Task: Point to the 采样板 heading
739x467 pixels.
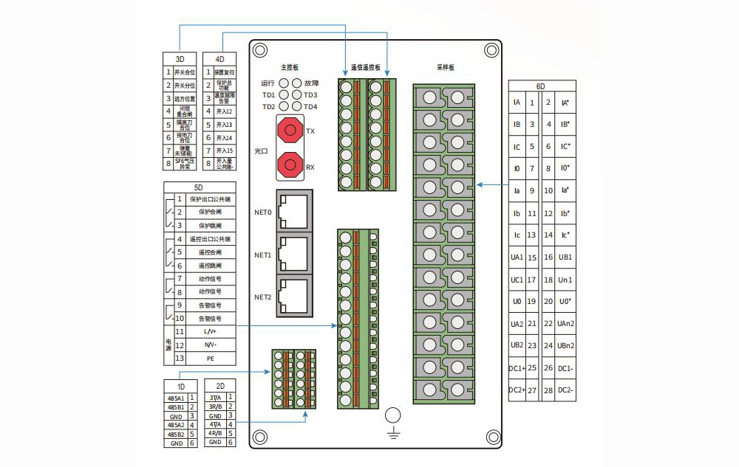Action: click(x=445, y=67)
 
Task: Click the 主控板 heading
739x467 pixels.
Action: click(x=289, y=67)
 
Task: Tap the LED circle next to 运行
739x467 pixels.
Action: click(x=284, y=83)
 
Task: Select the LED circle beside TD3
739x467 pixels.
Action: click(x=297, y=94)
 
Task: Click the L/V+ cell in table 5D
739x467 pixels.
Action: click(x=210, y=332)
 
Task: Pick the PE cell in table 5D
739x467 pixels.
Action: click(x=210, y=358)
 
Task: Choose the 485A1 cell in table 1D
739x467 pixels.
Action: click(x=175, y=398)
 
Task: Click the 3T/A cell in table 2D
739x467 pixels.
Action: click(x=214, y=398)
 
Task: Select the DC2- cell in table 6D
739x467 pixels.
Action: click(x=565, y=390)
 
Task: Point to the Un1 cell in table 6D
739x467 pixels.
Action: click(x=565, y=280)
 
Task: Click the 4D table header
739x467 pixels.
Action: click(x=219, y=59)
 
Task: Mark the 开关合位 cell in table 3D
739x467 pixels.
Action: click(x=185, y=72)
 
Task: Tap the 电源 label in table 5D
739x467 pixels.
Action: click(x=168, y=345)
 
